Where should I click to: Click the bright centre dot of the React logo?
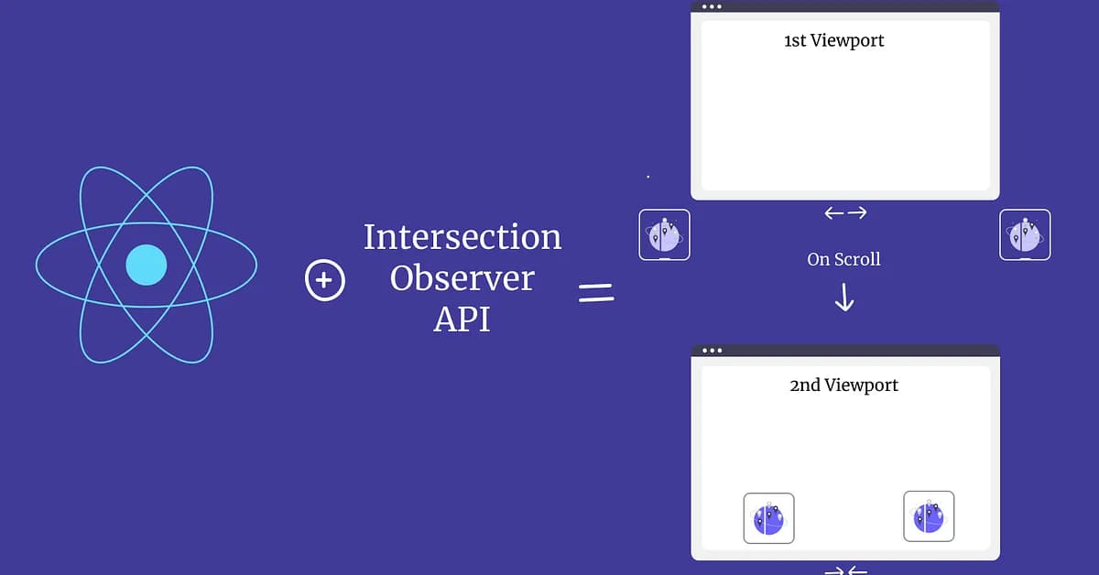147,266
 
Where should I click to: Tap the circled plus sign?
324,280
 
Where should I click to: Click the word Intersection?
462,237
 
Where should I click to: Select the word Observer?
462,278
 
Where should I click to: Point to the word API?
462,319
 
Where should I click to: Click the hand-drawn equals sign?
595,293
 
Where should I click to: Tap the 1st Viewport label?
834,40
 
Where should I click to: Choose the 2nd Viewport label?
843,385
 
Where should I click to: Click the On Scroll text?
843,260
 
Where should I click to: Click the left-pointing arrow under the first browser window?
833,213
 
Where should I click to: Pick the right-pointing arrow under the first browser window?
857,213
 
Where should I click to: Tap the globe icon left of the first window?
664,234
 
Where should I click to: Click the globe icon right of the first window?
1025,234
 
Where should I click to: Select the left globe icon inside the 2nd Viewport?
768,518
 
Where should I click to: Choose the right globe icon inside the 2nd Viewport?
929,516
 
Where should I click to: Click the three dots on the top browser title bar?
712,6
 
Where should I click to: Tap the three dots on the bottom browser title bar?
712,351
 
